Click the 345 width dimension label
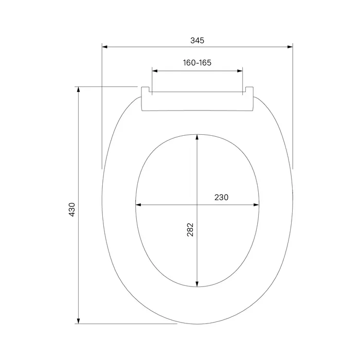pyautogui.click(x=197, y=41)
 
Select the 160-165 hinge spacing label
pyautogui.click(x=197, y=63)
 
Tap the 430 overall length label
pyautogui.click(x=72, y=210)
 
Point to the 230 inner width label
pyautogui.click(x=221, y=197)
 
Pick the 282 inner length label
pyautogui.click(x=190, y=229)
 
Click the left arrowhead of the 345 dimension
pyautogui.click(x=105, y=47)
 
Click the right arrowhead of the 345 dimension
pyautogui.click(x=290, y=47)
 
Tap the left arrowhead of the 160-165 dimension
pyautogui.click(x=155, y=71)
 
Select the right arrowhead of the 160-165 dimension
pyautogui.click(x=240, y=71)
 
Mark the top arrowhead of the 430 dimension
pyautogui.click(x=78, y=89)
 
